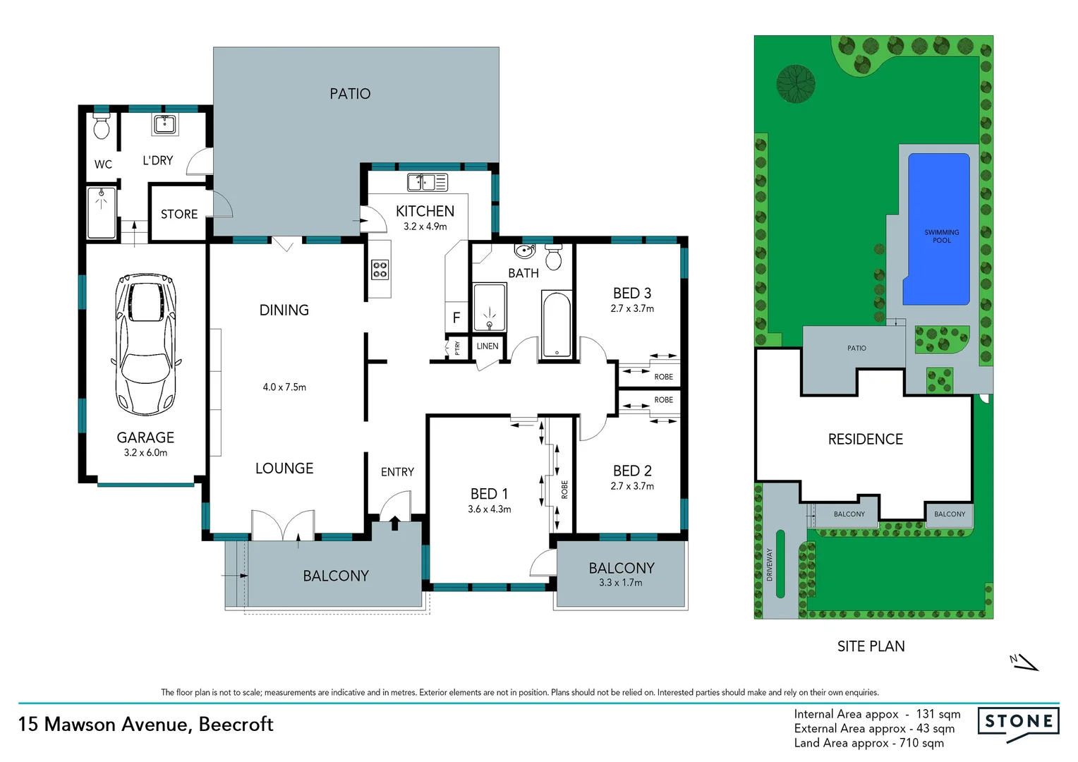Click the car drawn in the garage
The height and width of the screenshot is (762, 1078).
145,344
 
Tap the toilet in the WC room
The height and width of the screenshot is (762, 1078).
102,126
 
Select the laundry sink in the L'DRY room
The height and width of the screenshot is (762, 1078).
165,125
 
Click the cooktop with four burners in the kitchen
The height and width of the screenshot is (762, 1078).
380,270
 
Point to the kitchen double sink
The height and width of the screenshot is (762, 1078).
427,182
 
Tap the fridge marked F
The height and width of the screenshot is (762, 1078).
456,317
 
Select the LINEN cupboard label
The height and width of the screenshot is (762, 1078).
487,346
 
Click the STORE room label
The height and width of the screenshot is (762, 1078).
179,214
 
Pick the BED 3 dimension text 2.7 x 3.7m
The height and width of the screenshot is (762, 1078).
632,308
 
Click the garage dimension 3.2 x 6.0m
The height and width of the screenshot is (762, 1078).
145,453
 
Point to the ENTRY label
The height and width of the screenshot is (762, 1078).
397,472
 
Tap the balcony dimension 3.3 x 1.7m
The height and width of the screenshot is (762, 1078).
621,583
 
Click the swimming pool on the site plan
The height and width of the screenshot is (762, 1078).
938,229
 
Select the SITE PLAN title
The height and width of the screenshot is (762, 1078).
871,646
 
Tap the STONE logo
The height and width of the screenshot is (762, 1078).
1018,722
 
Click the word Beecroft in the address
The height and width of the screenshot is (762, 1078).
236,725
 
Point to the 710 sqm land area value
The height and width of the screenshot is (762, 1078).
921,743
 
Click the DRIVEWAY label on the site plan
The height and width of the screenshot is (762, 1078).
770,564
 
